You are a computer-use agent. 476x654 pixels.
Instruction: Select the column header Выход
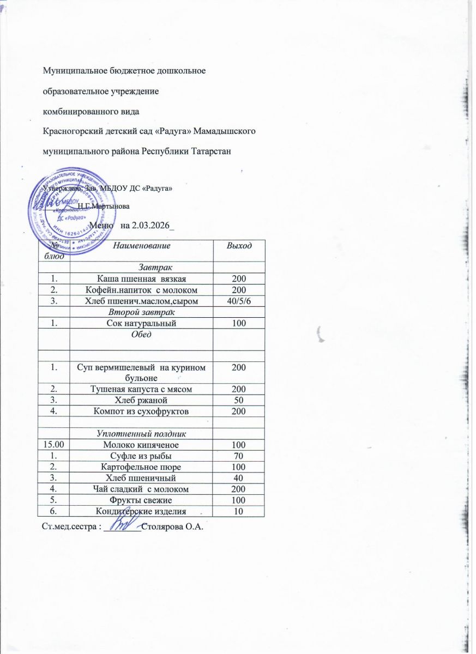(239, 246)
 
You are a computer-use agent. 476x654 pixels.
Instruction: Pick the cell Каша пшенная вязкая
(141, 279)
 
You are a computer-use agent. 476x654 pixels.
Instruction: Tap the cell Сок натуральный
(141, 324)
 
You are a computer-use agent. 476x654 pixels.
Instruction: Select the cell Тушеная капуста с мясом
(141, 388)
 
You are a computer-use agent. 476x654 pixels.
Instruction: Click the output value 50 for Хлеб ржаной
(239, 399)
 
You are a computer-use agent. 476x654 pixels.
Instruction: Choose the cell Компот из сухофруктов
(141, 411)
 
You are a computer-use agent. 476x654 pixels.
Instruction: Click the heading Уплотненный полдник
(141, 434)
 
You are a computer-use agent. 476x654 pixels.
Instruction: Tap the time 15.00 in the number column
(54, 445)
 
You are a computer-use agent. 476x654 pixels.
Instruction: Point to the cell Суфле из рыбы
(141, 456)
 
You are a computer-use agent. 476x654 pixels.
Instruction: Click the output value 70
(239, 456)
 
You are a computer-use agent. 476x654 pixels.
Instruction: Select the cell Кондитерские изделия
(141, 511)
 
